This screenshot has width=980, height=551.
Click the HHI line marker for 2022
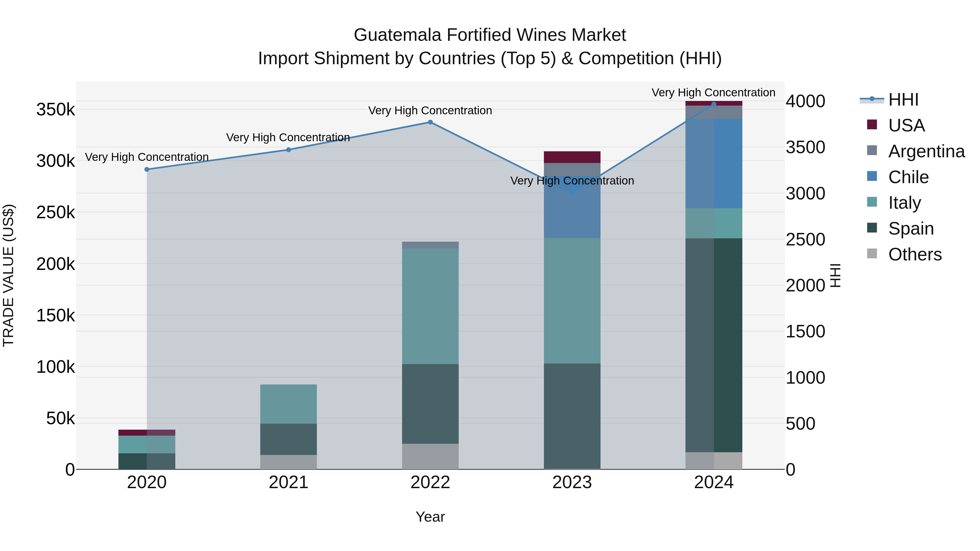tap(430, 122)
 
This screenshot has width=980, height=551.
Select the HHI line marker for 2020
tap(147, 169)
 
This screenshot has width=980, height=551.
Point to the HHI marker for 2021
tap(288, 150)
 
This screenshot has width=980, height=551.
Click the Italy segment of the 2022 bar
tap(430, 306)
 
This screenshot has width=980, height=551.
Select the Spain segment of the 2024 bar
tap(714, 345)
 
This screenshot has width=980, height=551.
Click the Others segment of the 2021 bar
tap(288, 462)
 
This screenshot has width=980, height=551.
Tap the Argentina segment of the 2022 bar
tap(430, 245)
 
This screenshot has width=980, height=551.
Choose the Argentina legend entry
tap(926, 151)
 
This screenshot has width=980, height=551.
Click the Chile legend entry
tap(908, 177)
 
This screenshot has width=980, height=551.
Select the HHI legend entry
tap(903, 100)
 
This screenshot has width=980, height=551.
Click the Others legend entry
tap(915, 254)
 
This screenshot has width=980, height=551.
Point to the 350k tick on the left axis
tap(56, 110)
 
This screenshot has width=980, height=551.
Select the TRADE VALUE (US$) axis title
tap(8, 275)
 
